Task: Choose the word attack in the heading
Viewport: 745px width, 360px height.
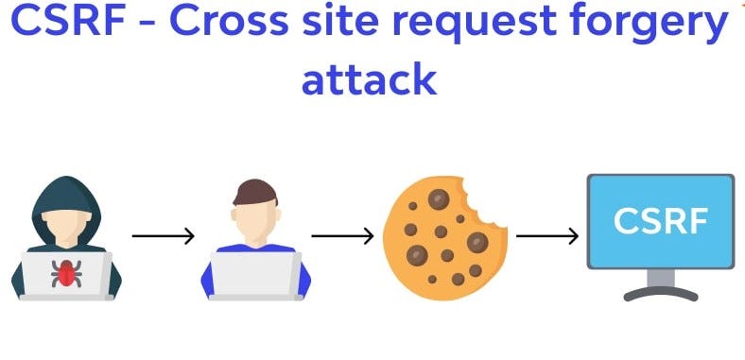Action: click(369, 79)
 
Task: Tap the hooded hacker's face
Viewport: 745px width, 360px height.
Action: click(65, 222)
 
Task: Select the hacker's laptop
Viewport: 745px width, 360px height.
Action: click(65, 276)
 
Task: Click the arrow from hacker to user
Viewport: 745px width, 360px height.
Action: click(163, 235)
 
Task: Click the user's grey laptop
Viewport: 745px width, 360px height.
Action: click(255, 275)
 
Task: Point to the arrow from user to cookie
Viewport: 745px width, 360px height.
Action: click(342, 235)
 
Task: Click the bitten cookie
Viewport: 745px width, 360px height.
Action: click(438, 236)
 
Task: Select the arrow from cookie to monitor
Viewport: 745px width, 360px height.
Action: click(546, 235)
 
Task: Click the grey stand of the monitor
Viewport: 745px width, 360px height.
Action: click(661, 283)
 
